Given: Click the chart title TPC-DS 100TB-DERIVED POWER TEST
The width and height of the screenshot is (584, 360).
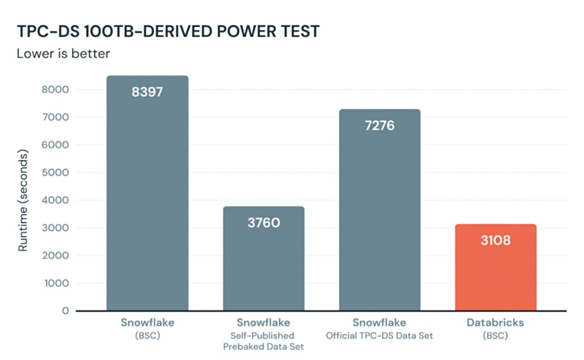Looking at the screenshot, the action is tap(168, 31).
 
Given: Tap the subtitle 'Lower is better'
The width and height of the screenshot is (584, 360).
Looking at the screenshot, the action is tap(63, 53).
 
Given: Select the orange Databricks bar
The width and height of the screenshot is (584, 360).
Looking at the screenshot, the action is tap(495, 267).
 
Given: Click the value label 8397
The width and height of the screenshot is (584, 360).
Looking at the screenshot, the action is tap(148, 92).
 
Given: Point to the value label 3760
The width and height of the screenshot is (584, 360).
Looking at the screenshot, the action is tap(264, 222).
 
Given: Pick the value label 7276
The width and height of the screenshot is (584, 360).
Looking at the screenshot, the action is tap(379, 125).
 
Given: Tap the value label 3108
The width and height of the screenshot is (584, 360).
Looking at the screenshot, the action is tap(495, 240).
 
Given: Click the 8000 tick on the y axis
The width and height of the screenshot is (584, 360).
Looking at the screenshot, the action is tap(55, 89).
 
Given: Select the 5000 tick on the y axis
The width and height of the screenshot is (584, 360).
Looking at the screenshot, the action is tap(55, 173).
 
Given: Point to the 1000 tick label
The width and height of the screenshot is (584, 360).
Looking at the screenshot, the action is tap(56, 283).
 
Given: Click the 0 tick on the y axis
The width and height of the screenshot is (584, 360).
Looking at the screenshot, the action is tap(66, 311).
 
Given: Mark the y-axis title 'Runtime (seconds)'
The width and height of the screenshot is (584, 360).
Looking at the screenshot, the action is tap(23, 200).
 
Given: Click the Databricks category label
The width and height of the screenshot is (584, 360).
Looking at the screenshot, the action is tap(495, 323).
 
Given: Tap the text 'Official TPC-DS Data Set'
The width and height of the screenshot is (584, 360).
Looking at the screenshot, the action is tap(379, 336).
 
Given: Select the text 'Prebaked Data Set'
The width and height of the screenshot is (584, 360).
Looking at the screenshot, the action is tap(263, 346).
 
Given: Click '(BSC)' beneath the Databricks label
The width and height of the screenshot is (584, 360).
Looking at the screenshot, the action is tap(495, 336).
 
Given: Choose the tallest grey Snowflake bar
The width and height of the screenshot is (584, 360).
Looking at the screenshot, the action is tap(148, 194).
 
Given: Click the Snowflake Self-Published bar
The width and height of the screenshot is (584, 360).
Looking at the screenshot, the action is tap(264, 259).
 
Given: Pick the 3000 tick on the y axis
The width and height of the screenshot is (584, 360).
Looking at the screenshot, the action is tap(55, 228).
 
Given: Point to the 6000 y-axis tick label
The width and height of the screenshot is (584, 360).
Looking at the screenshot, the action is tap(55, 145).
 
